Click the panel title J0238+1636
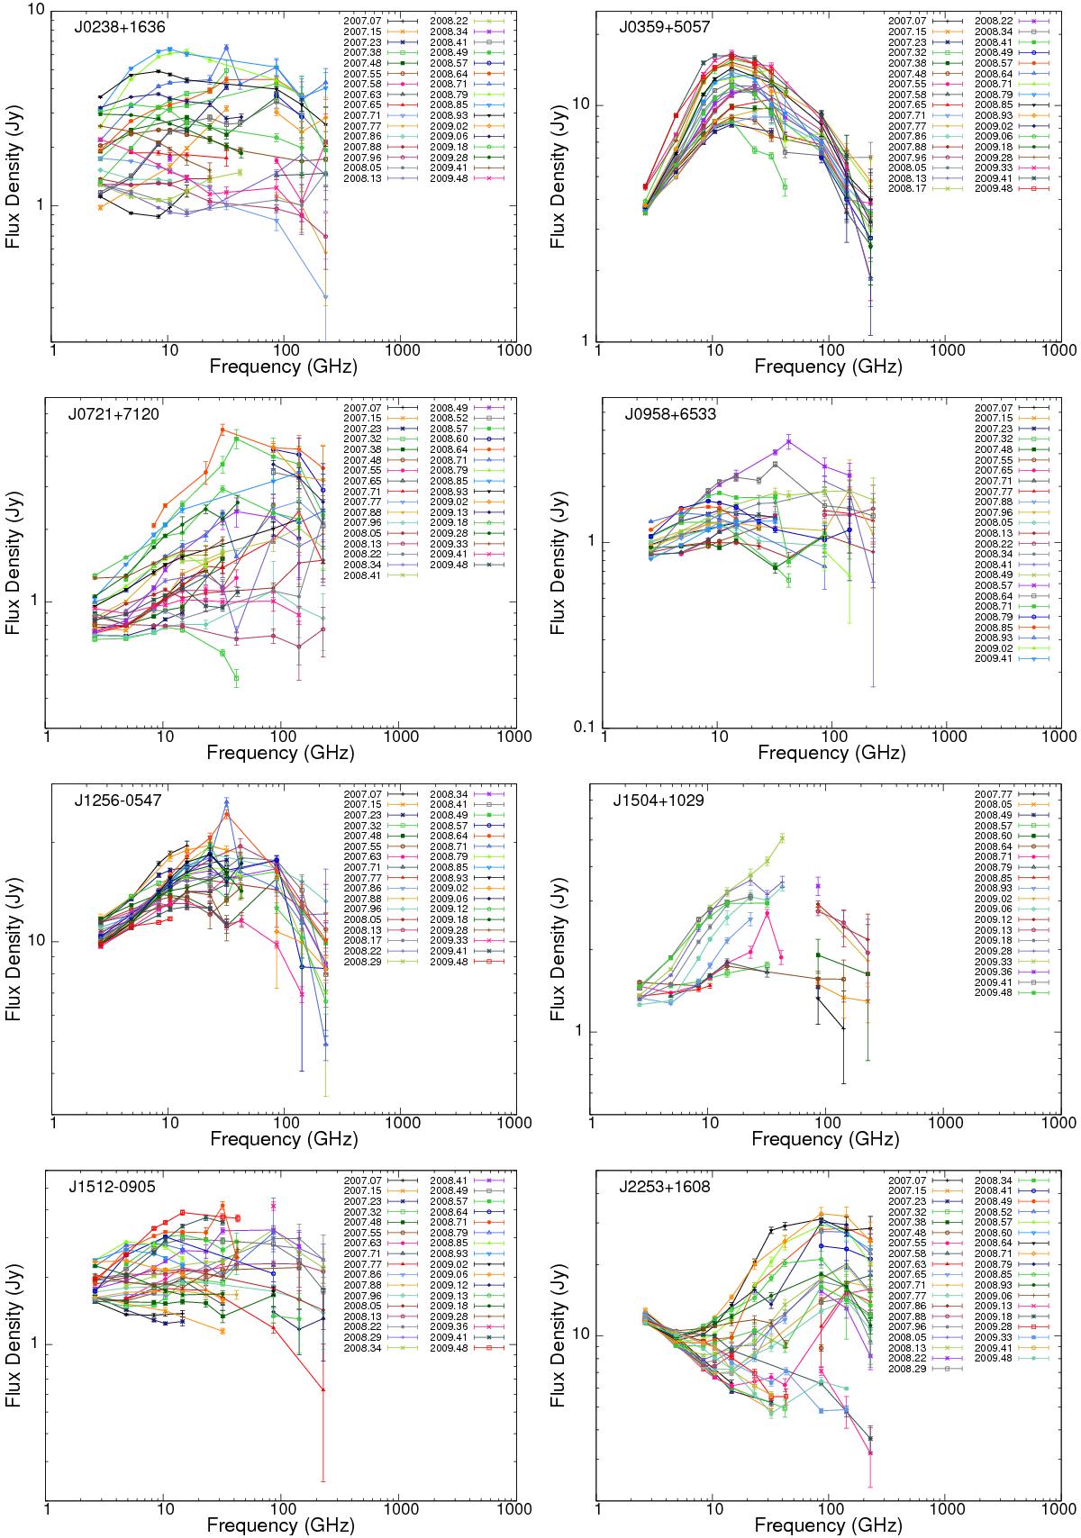click(119, 27)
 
